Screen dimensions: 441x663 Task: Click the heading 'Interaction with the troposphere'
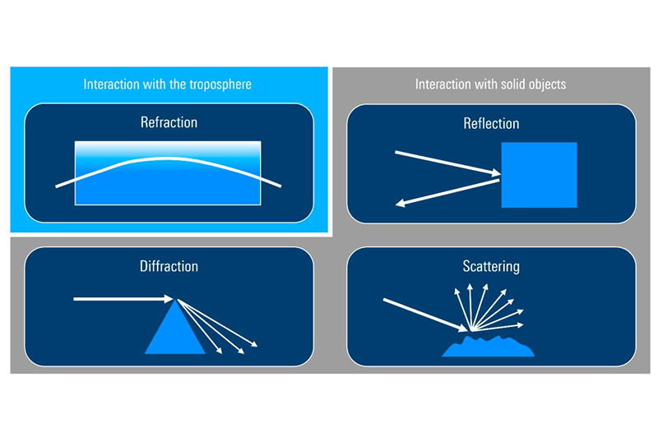(x=168, y=85)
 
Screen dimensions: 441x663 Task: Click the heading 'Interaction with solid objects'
(x=490, y=85)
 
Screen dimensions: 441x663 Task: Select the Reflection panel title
(x=490, y=123)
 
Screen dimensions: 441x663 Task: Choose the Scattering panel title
(x=490, y=266)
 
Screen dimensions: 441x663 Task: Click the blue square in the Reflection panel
(x=539, y=175)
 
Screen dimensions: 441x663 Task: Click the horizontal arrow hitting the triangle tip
(x=123, y=299)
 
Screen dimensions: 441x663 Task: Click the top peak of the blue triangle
(x=174, y=301)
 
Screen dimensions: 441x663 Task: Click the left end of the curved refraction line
(x=58, y=186)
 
